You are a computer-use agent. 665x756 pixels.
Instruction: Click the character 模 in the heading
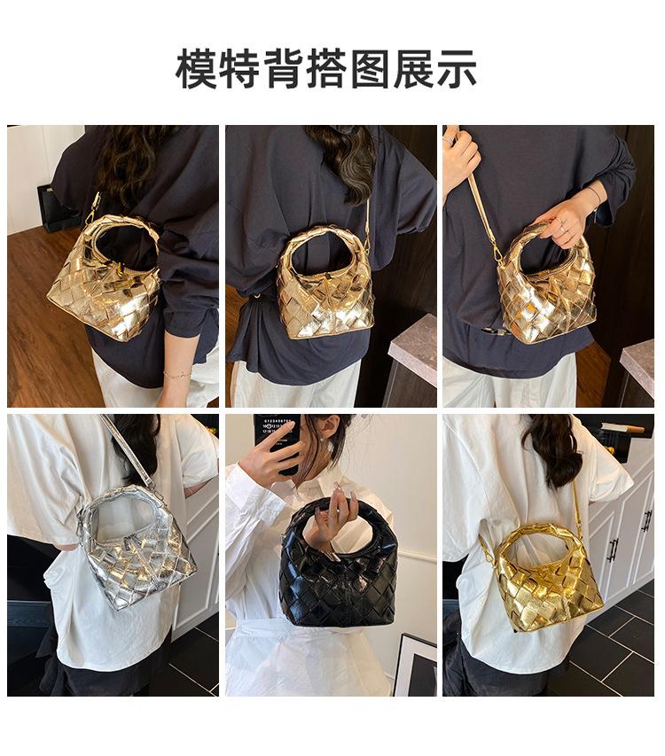[x=196, y=68]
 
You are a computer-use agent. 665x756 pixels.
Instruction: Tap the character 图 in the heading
[x=370, y=68]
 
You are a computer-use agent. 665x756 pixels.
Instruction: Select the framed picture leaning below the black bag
[x=414, y=666]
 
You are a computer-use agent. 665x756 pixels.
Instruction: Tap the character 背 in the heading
[x=283, y=68]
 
